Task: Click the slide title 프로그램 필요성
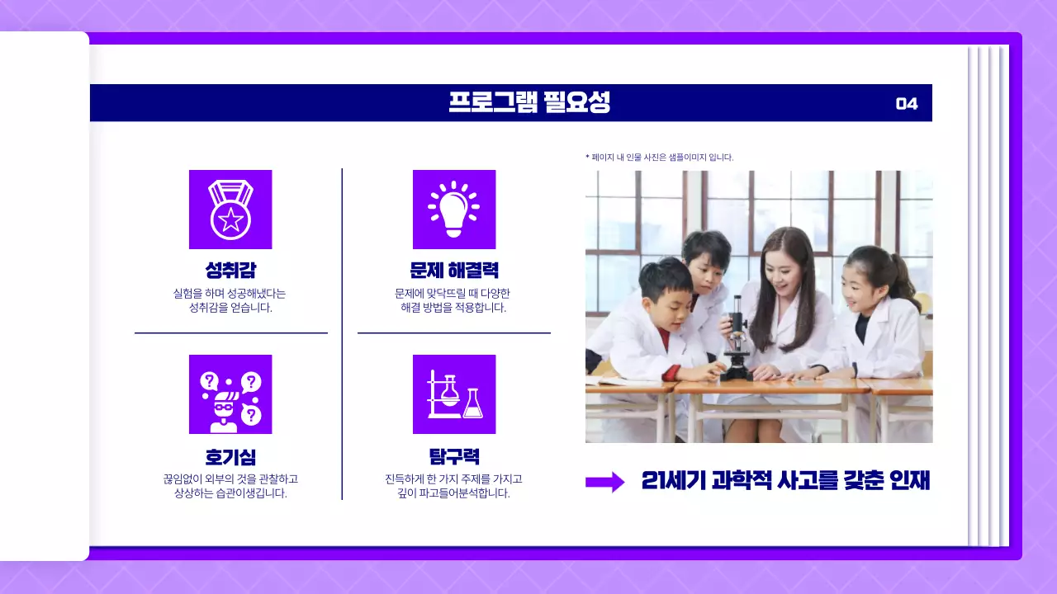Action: tap(529, 103)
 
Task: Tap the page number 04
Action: tap(907, 104)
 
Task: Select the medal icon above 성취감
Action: tap(230, 210)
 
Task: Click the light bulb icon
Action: tap(453, 210)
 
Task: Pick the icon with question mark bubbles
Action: tap(230, 394)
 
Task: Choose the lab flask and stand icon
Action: tap(453, 394)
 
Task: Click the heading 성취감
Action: tap(230, 271)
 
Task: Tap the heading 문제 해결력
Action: tap(453, 271)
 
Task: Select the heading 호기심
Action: tap(230, 457)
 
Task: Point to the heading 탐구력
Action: tap(453, 457)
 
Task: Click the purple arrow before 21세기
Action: tap(605, 483)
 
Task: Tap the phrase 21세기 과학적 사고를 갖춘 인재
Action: tap(785, 481)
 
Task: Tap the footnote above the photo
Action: tap(659, 157)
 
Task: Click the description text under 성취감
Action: tap(230, 300)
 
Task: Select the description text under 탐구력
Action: tap(453, 486)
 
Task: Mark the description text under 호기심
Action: tap(230, 486)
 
